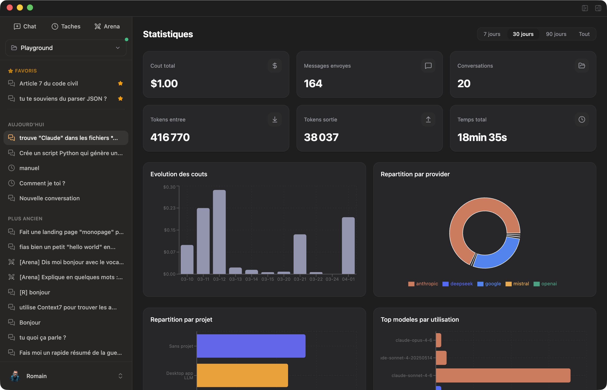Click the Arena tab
(x=107, y=26)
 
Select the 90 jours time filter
(x=556, y=34)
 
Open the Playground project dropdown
(x=66, y=48)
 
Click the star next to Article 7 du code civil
(x=120, y=83)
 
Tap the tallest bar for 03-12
(x=219, y=232)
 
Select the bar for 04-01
(x=348, y=245)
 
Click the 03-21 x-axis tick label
(x=300, y=279)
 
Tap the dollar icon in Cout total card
(x=275, y=66)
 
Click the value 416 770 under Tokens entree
(x=170, y=137)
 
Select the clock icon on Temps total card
(x=582, y=119)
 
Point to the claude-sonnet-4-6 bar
(x=503, y=375)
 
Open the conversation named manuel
(x=29, y=168)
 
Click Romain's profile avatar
(x=15, y=376)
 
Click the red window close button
(x=10, y=7)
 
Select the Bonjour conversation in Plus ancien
(x=30, y=322)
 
